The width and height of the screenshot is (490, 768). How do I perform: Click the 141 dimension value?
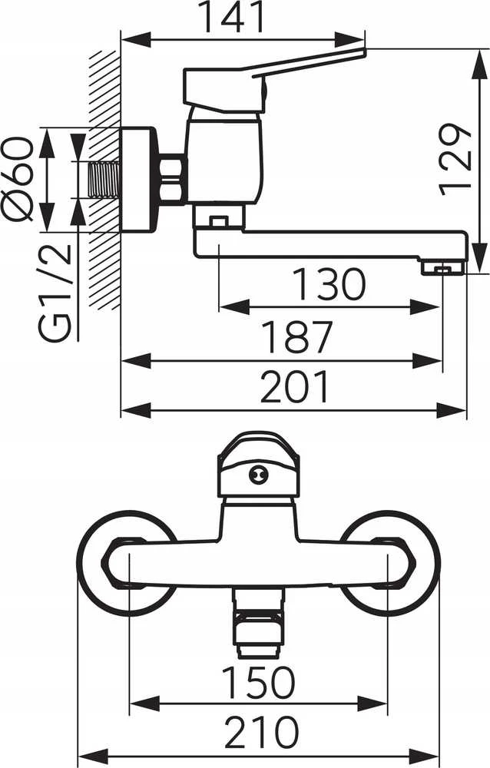click(x=233, y=18)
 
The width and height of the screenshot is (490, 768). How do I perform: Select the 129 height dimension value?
click(x=455, y=159)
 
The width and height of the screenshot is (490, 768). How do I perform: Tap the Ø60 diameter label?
click(x=18, y=179)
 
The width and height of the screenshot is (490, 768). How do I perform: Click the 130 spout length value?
click(x=329, y=285)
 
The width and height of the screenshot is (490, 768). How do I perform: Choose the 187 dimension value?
click(x=297, y=337)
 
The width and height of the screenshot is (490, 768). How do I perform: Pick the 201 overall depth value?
click(x=294, y=387)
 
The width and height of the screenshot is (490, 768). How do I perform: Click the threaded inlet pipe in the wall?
click(x=104, y=180)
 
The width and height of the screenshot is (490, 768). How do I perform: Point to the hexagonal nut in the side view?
click(x=173, y=179)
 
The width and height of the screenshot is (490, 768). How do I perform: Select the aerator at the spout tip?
click(x=442, y=267)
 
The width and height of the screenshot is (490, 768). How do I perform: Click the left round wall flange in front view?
click(x=128, y=562)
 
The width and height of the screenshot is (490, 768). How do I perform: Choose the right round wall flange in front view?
click(x=389, y=562)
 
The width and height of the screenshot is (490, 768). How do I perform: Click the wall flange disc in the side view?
click(x=139, y=180)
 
